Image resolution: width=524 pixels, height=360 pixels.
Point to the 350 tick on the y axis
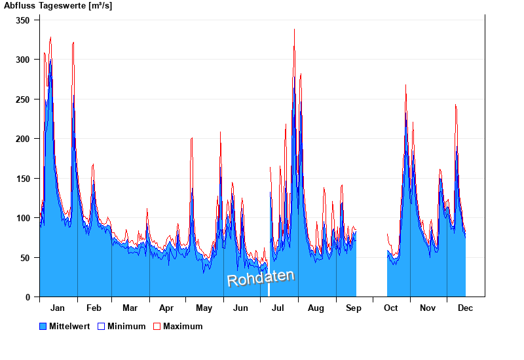(23, 20)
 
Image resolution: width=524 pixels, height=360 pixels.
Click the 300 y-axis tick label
(23, 60)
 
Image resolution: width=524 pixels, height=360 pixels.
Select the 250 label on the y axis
(23, 99)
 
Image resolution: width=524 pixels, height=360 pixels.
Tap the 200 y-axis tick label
(23, 139)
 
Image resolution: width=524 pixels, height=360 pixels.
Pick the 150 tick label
(23, 179)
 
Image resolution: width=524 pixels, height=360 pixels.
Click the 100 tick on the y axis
(23, 218)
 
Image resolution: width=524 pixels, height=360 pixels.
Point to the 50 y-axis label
(26, 258)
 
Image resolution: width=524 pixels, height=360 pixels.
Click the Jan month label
(58, 308)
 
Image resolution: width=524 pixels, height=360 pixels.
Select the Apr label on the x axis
(166, 308)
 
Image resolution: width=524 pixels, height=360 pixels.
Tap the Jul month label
(278, 308)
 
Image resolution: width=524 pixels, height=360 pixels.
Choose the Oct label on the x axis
(391, 308)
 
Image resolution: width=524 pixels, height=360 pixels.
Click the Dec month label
(466, 308)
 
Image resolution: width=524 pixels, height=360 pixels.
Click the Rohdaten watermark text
(261, 278)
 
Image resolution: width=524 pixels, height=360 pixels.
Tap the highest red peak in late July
(294, 29)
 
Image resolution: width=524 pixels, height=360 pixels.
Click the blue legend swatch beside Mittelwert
(43, 326)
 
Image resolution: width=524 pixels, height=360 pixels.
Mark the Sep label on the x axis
(354, 308)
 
